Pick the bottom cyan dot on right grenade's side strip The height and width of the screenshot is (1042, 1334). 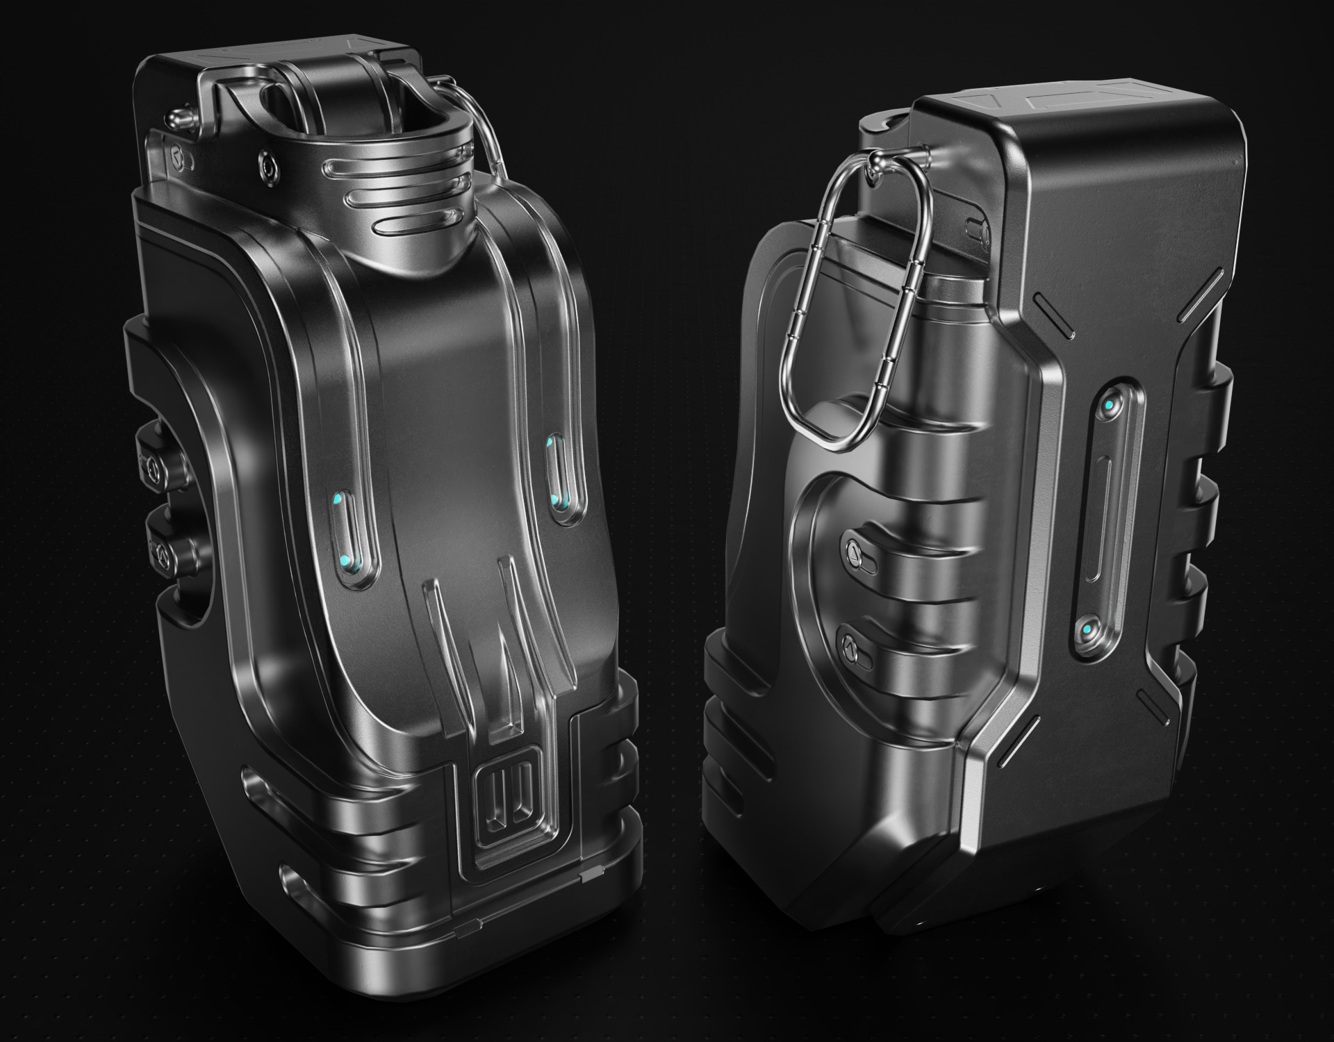coord(1085,629)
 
